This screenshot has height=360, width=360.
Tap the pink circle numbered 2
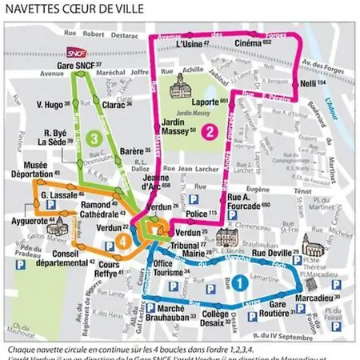pyautogui.click(x=210, y=132)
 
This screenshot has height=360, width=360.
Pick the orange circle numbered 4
pyautogui.click(x=124, y=241)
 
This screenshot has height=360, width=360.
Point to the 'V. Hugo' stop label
pyautogui.click(x=53, y=104)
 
